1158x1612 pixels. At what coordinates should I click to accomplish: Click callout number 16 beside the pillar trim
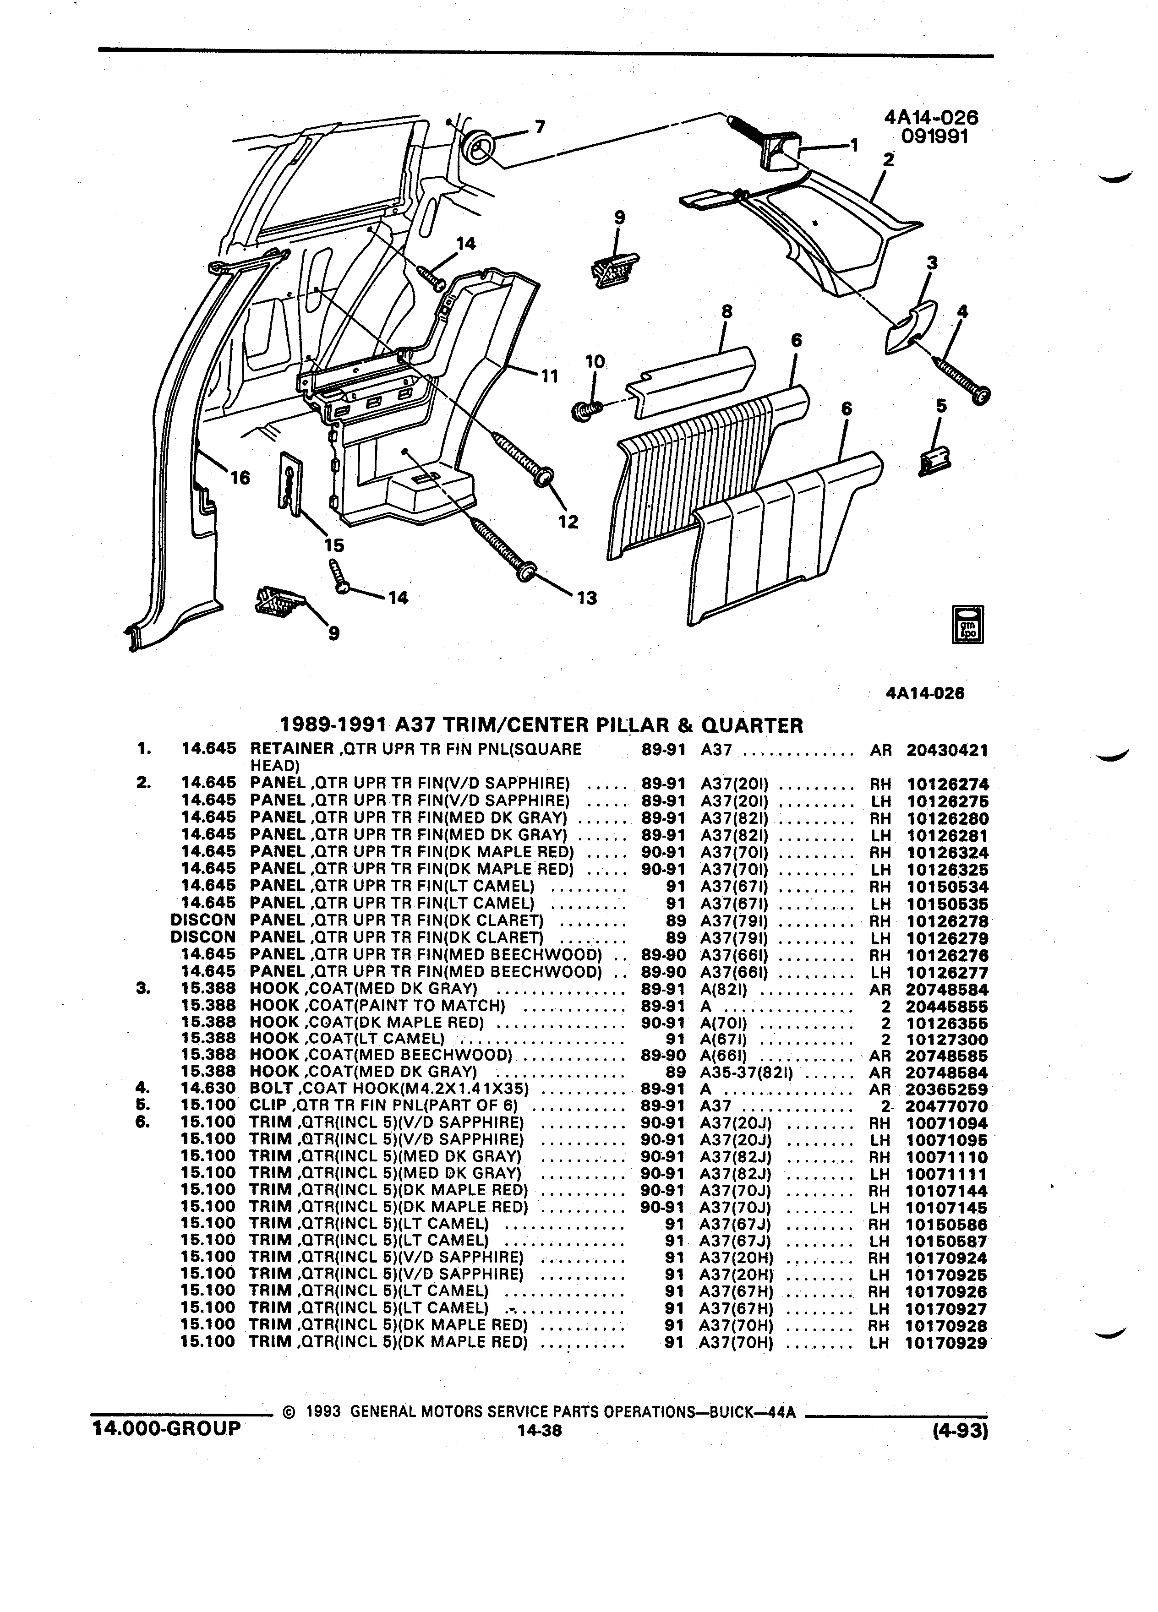click(240, 478)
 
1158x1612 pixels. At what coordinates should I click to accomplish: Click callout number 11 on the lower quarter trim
click(550, 375)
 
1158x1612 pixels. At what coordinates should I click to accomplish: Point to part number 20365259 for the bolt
click(947, 1089)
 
